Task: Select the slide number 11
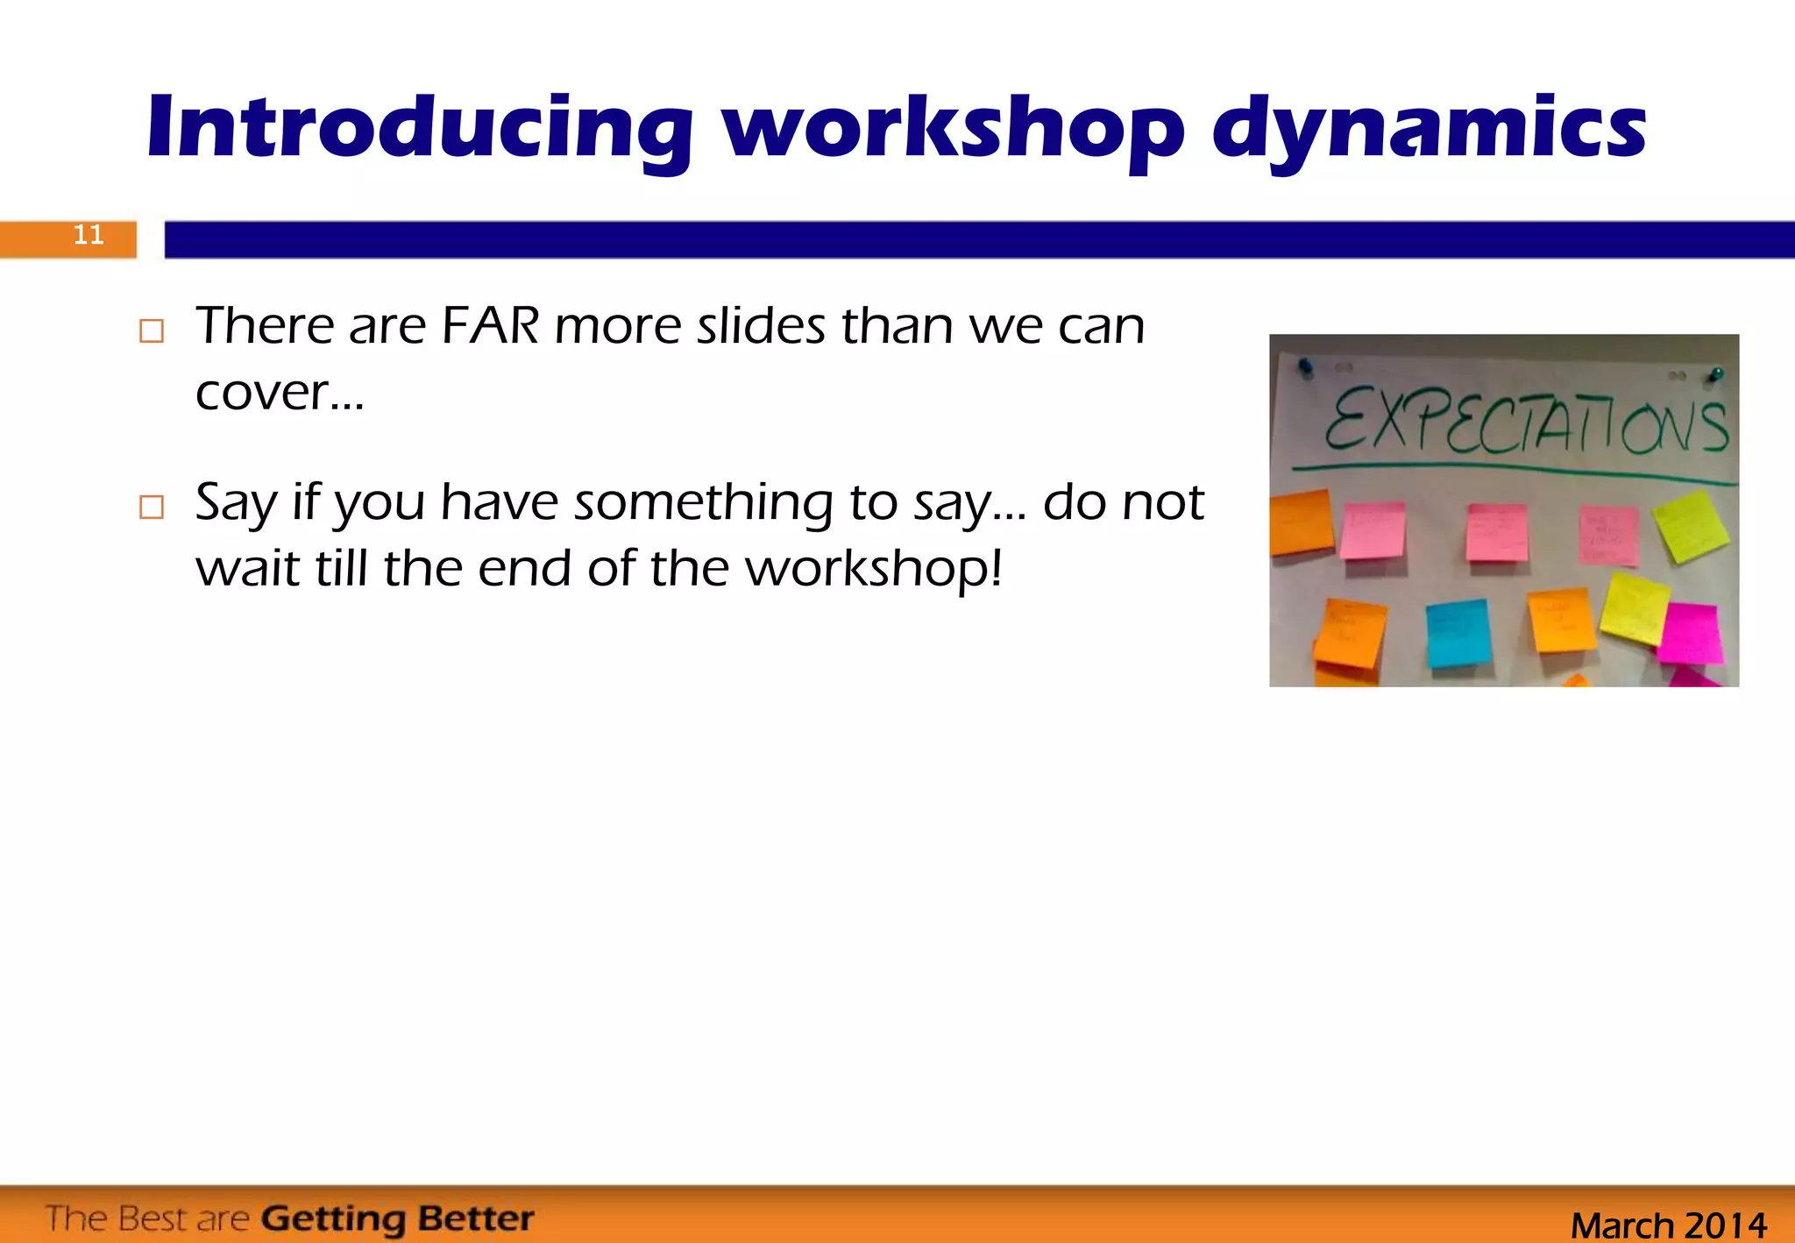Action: point(88,235)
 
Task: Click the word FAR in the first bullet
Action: point(490,326)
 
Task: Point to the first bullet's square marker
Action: point(152,330)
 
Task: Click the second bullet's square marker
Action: point(152,507)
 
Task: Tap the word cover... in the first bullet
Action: point(279,392)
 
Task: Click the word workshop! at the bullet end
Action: point(873,569)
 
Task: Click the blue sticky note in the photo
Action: point(1458,633)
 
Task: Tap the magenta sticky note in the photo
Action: point(1690,634)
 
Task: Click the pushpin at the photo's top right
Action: point(1715,375)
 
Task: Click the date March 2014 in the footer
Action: point(1668,1225)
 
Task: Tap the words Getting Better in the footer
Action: point(397,1218)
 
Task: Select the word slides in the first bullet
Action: point(761,326)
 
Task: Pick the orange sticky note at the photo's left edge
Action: point(1301,522)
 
